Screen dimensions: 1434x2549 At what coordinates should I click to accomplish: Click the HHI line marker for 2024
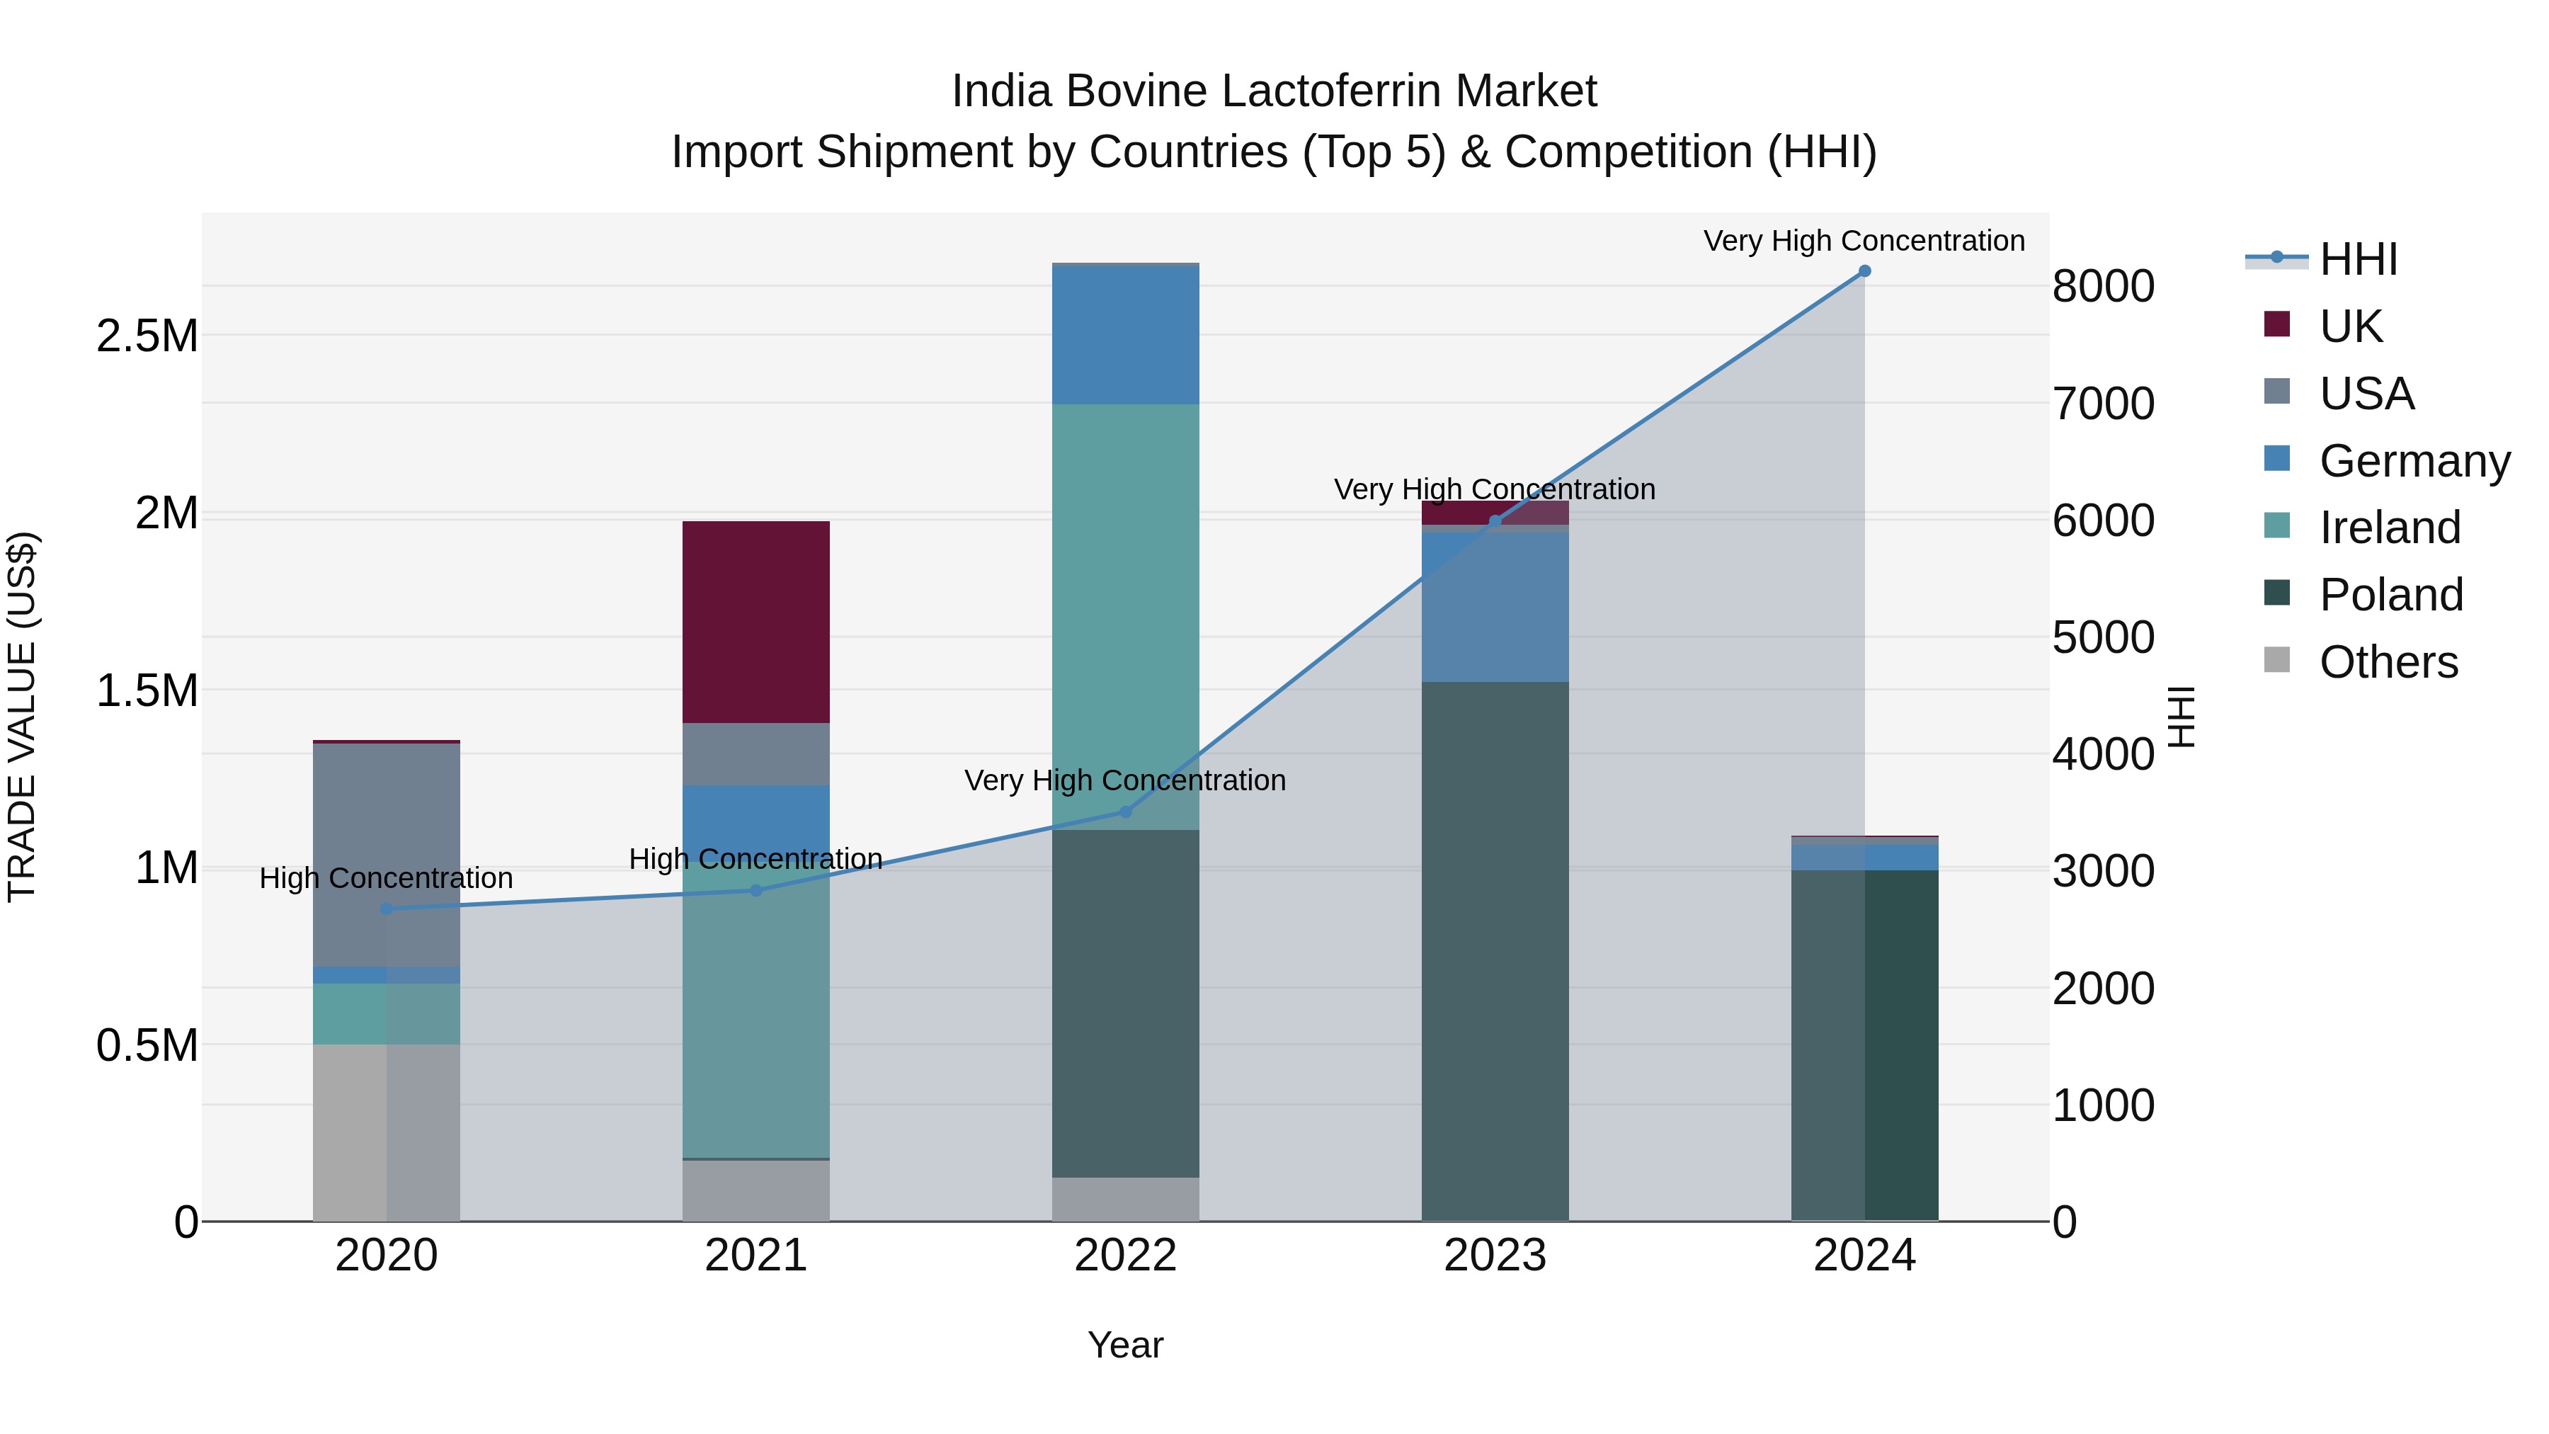[x=1864, y=271]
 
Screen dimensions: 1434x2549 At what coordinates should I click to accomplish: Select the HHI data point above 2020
[x=386, y=909]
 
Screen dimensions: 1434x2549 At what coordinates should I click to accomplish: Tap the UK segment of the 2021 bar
[x=756, y=622]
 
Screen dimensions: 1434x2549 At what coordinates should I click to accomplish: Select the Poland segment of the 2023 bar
[x=1494, y=950]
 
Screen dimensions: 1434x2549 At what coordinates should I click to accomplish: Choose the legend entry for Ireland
[x=2389, y=528]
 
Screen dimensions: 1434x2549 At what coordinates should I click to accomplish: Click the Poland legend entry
[x=2390, y=595]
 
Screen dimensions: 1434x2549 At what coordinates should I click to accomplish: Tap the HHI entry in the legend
[x=2357, y=259]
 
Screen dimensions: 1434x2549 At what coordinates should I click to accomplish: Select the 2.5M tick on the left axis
[x=147, y=336]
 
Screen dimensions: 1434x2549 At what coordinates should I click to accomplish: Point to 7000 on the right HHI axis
[x=2103, y=404]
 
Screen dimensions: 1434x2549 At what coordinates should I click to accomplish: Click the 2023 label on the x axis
[x=1494, y=1255]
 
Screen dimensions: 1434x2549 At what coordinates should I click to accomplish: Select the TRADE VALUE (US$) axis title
[x=22, y=717]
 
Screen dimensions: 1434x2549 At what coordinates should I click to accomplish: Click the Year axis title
[x=1125, y=1345]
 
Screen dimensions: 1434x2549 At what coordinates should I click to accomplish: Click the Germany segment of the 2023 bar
[x=1494, y=605]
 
